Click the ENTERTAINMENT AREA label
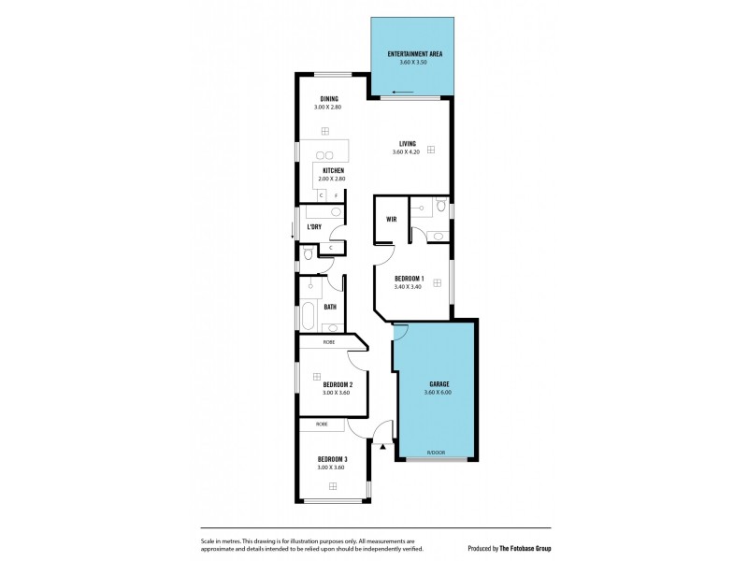[415, 54]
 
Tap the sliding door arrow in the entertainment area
[404, 92]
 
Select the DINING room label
[329, 99]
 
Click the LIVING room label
[408, 143]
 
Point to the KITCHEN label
[333, 170]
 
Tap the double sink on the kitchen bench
[324, 155]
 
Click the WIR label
[393, 220]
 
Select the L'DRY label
[315, 227]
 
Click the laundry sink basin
[337, 213]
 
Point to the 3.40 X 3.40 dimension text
[410, 287]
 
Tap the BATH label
[330, 307]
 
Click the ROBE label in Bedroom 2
[329, 342]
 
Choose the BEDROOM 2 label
[337, 384]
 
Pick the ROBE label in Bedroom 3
[322, 424]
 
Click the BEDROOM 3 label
[332, 458]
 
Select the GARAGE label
[439, 384]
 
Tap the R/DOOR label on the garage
[436, 453]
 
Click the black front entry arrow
[383, 447]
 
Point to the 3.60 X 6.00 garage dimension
[438, 393]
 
